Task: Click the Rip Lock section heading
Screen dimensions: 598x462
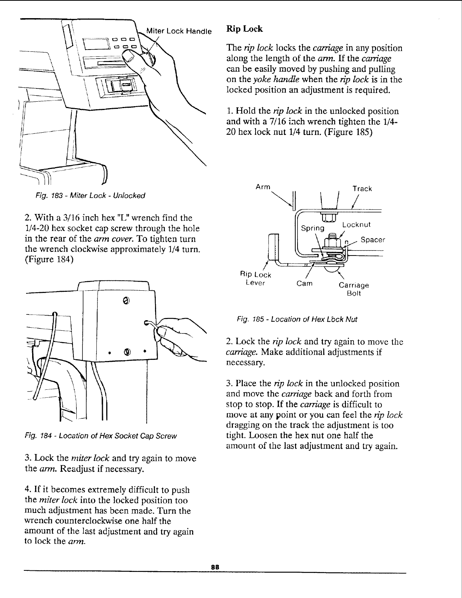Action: (244, 29)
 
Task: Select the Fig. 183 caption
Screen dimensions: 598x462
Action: (91, 196)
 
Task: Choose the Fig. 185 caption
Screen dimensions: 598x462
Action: (297, 319)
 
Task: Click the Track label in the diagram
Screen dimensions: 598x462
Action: (362, 189)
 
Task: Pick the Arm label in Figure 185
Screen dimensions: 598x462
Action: (263, 186)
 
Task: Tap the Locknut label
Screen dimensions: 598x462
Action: (356, 225)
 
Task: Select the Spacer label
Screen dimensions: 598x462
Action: (373, 240)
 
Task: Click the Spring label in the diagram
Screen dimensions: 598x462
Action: (313, 228)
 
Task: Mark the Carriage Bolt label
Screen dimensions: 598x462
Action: (353, 289)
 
